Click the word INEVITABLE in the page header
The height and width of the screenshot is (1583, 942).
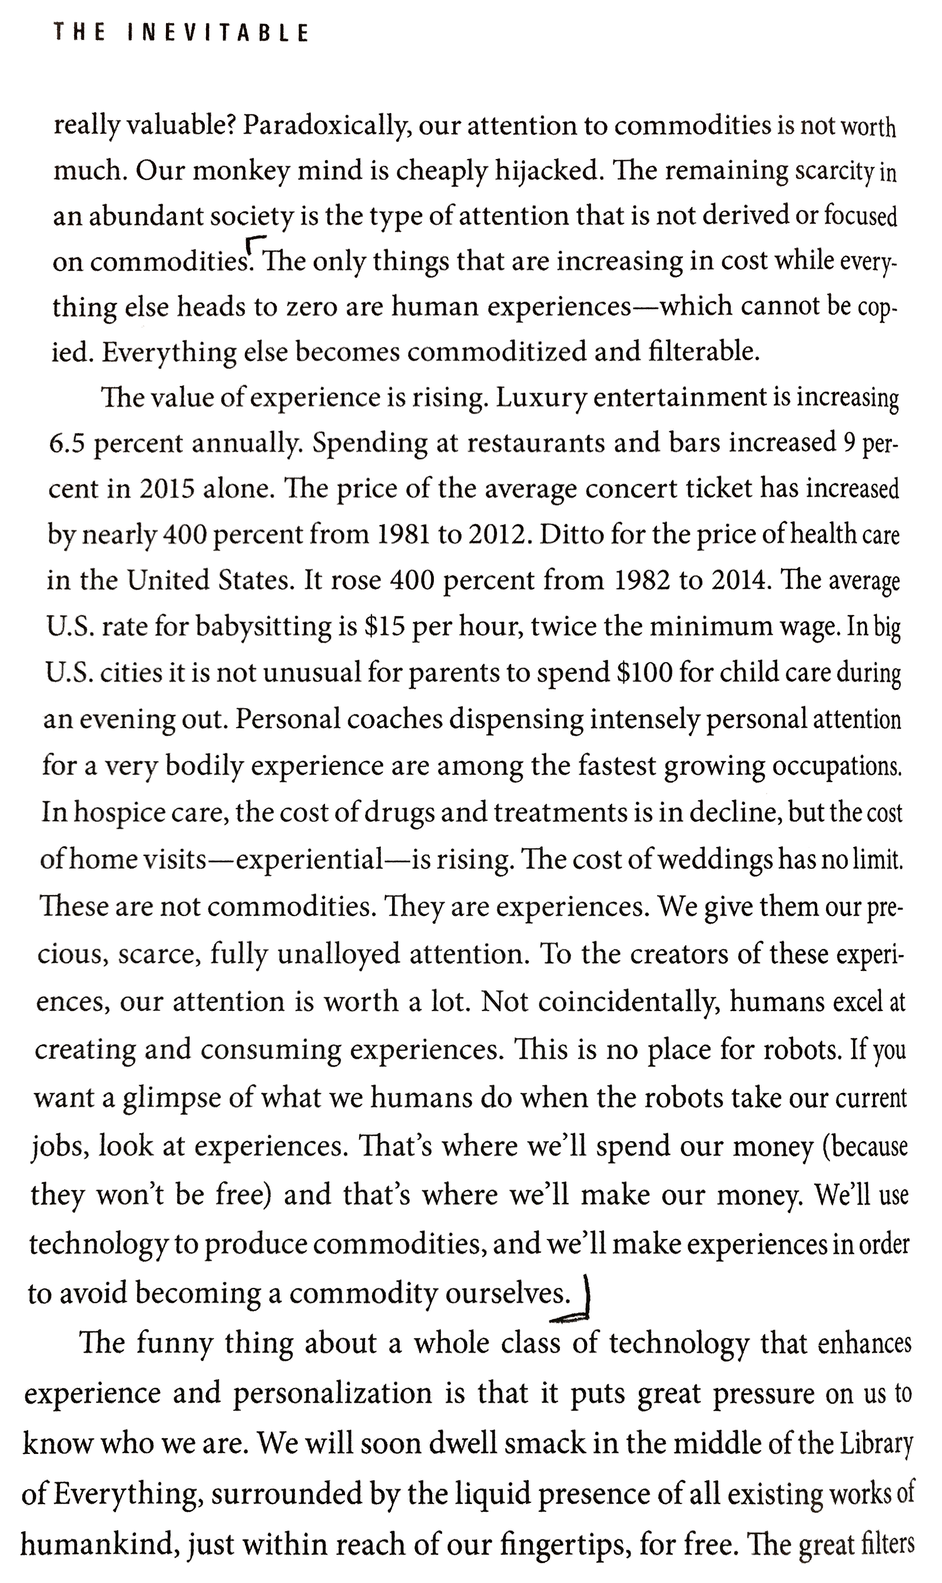(x=218, y=32)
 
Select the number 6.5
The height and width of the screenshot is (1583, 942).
(x=67, y=443)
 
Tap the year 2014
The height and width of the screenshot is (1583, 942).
(x=738, y=580)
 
